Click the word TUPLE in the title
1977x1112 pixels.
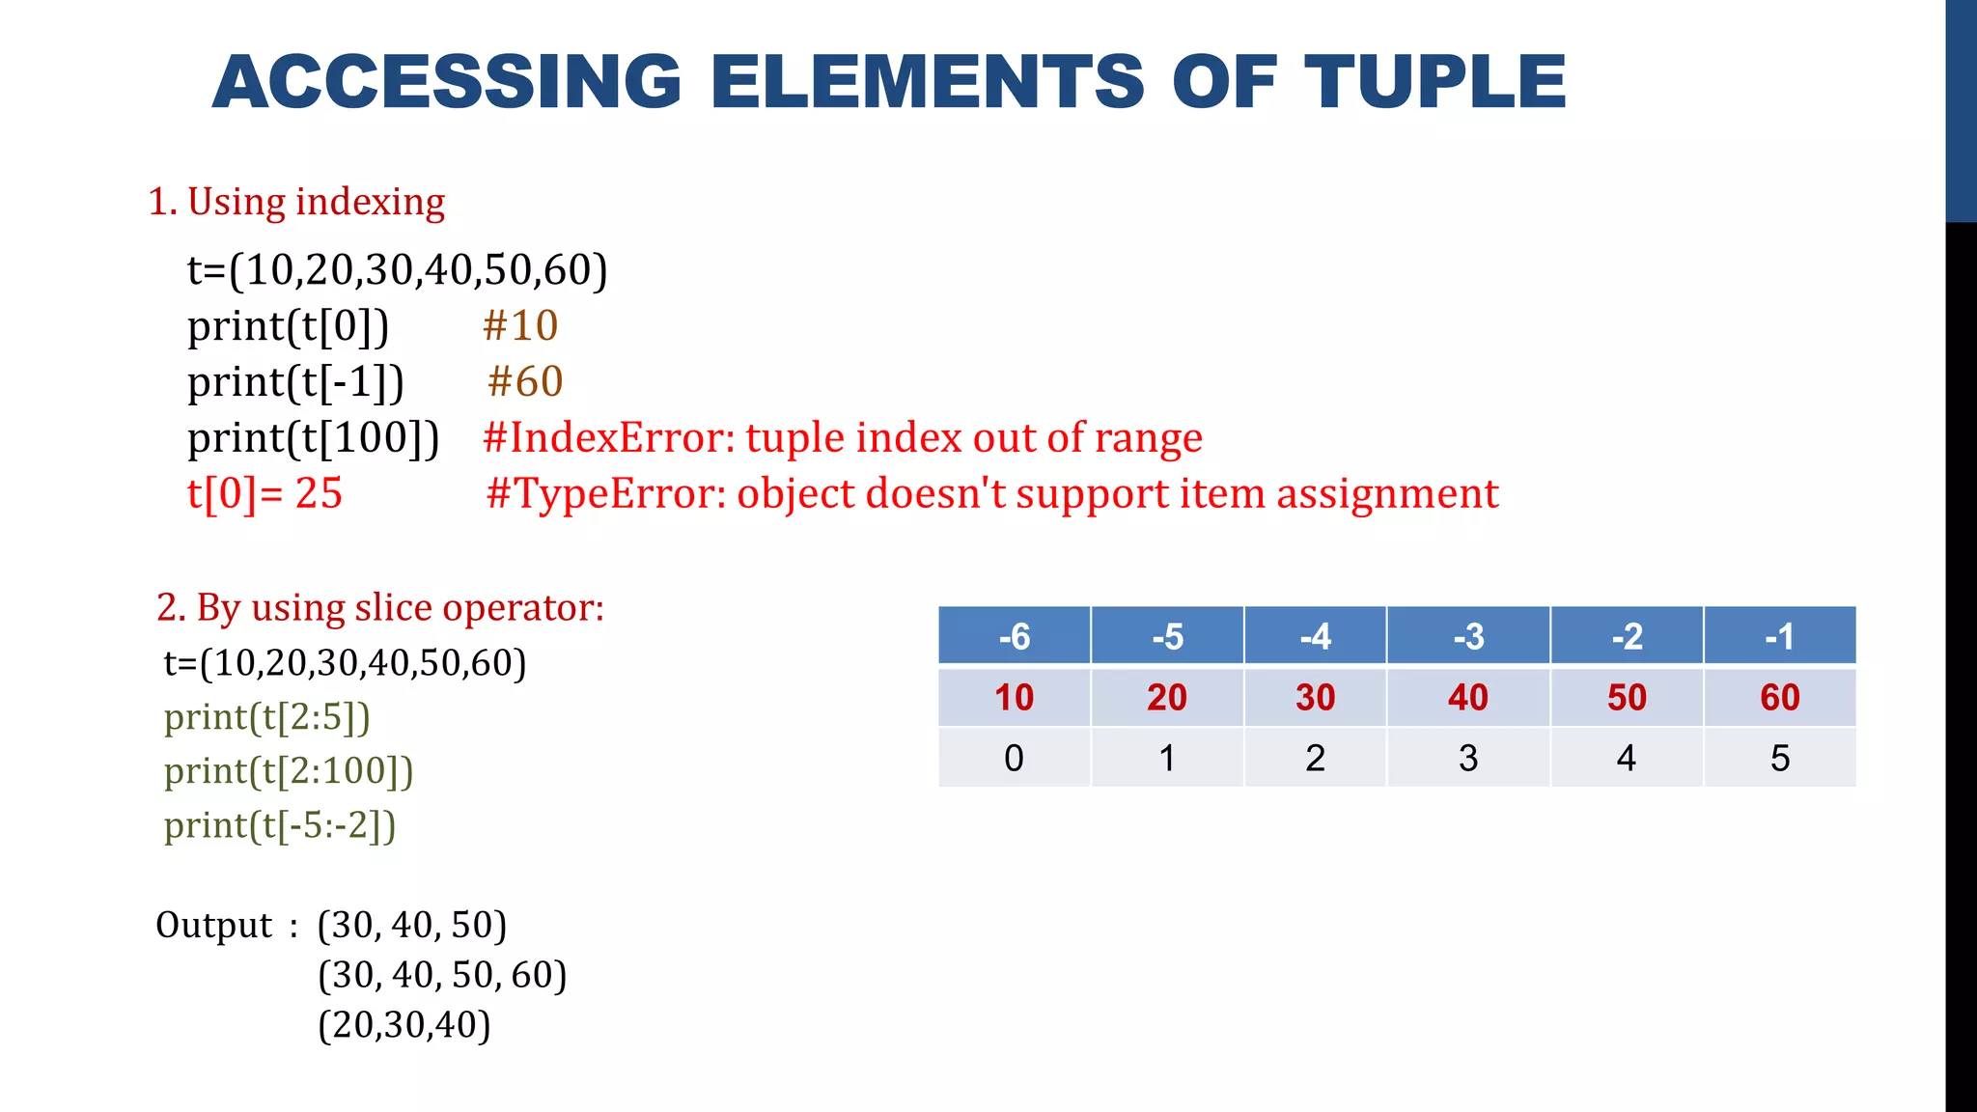point(1435,82)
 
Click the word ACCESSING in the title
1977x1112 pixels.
point(447,82)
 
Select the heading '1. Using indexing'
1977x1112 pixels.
point(296,202)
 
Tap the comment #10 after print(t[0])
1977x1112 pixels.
point(520,326)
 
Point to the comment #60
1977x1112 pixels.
point(525,382)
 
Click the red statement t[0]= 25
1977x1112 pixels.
point(265,494)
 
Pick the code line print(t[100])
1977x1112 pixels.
point(313,438)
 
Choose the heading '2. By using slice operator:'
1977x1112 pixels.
point(380,608)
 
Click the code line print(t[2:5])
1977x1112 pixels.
point(266,717)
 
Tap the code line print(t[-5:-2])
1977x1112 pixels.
point(280,825)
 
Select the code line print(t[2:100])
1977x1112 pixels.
point(289,771)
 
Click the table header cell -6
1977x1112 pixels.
point(1014,636)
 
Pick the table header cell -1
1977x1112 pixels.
point(1779,636)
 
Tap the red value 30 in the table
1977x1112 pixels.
point(1315,697)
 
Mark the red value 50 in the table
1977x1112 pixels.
point(1627,697)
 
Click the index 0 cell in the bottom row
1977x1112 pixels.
point(1014,758)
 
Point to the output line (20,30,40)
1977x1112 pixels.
point(404,1025)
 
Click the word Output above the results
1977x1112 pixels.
point(214,925)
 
